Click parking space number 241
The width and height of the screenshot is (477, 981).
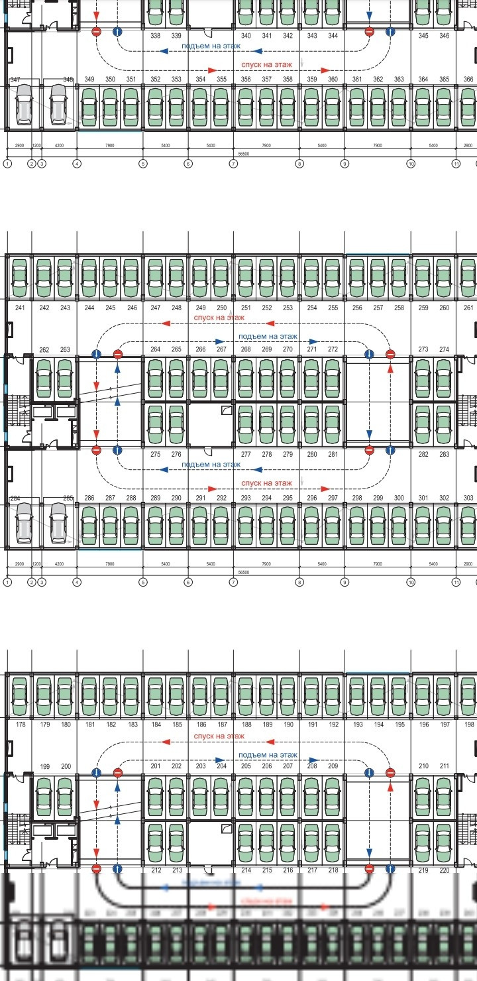[x=20, y=308]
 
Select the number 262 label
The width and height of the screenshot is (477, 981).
[x=44, y=349]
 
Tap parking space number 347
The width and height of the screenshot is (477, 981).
[x=15, y=80]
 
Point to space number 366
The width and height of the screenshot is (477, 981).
[x=468, y=80]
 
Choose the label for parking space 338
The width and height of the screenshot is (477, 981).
[x=156, y=35]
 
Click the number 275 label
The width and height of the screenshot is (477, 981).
[x=156, y=455]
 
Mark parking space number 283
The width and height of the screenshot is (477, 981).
[x=445, y=455]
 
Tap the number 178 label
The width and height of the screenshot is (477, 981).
[x=21, y=724]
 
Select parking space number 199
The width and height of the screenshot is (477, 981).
[x=44, y=767]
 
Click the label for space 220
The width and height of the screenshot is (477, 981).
[x=445, y=870]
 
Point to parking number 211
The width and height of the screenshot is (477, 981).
[x=445, y=767]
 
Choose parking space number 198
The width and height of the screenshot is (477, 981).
[x=469, y=724]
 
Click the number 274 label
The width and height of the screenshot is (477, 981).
[x=445, y=349]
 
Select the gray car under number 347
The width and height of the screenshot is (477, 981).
[x=24, y=105]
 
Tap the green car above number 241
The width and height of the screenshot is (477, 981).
[x=20, y=277]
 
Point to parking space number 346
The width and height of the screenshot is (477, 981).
[x=445, y=35]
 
